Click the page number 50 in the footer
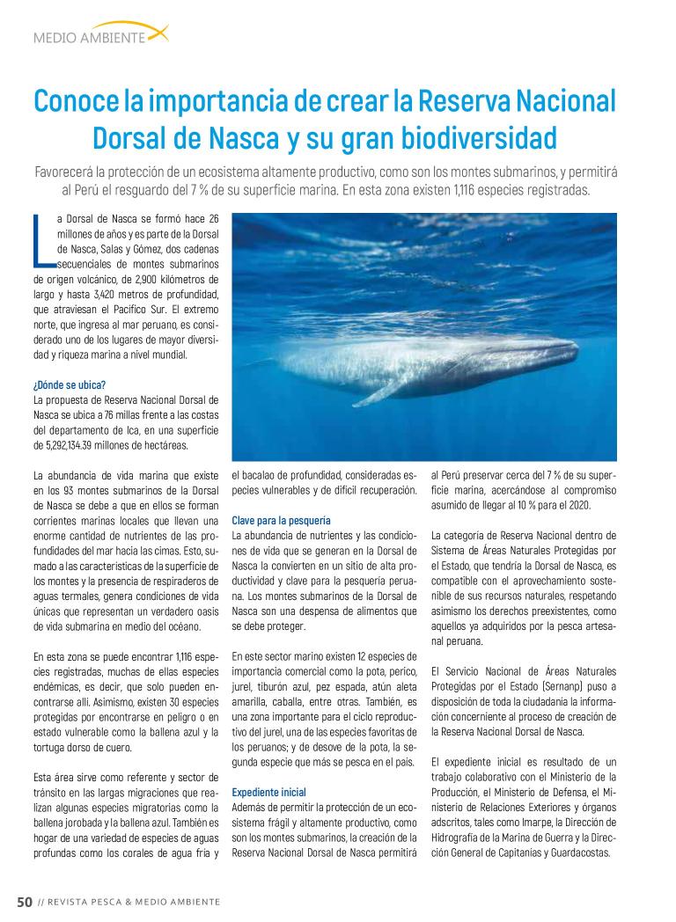click(25, 902)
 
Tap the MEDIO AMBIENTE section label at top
click(88, 38)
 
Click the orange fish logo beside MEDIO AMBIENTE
click(157, 33)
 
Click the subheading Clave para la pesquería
click(281, 520)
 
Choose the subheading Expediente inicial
click(268, 792)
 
